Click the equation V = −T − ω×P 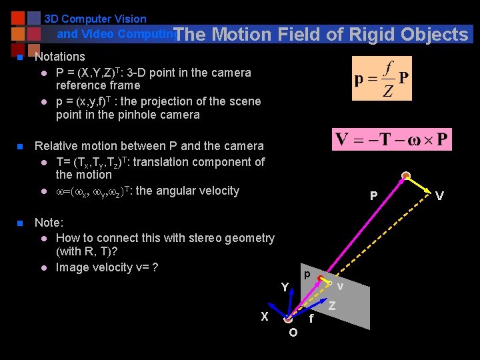pos(392,140)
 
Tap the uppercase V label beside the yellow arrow pos(439,196)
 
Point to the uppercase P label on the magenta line pos(374,196)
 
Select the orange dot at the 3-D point pos(406,177)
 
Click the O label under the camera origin pos(293,333)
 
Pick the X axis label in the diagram pos(265,317)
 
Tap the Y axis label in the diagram pos(285,287)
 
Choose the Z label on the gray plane pos(332,306)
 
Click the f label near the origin pos(311,319)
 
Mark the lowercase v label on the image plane pos(340,287)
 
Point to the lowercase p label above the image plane pos(306,274)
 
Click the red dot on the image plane pos(321,278)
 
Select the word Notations pos(60,57)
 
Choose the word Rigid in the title pos(370,35)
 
